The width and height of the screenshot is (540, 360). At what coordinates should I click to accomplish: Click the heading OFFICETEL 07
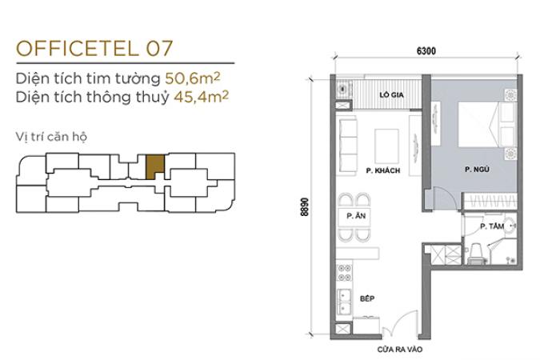pyautogui.click(x=94, y=48)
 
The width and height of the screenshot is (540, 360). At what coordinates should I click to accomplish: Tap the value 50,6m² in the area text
pyautogui.click(x=193, y=78)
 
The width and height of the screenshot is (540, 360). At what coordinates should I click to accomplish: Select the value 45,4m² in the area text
pyautogui.click(x=201, y=97)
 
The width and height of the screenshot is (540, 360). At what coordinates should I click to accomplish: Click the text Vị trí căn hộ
pyautogui.click(x=51, y=137)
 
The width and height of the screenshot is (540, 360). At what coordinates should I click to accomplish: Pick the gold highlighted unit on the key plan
pyautogui.click(x=154, y=166)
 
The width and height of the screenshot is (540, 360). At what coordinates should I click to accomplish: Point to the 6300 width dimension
pyautogui.click(x=426, y=51)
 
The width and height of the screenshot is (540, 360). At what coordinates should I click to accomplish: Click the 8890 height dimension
pyautogui.click(x=305, y=206)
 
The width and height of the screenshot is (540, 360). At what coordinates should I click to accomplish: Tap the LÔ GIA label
pyautogui.click(x=391, y=94)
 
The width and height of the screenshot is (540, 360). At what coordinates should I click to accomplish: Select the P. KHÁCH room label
pyautogui.click(x=383, y=170)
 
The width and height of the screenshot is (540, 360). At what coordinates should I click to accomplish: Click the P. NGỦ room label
pyautogui.click(x=477, y=169)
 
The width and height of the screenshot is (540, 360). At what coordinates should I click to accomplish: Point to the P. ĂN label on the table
pyautogui.click(x=356, y=216)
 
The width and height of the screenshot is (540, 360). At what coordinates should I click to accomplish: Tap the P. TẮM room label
pyautogui.click(x=492, y=226)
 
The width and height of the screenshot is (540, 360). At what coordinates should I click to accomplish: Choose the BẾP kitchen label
pyautogui.click(x=367, y=298)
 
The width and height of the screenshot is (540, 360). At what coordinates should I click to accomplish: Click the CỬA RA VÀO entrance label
pyautogui.click(x=400, y=350)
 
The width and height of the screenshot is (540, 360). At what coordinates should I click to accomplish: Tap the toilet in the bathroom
pyautogui.click(x=476, y=254)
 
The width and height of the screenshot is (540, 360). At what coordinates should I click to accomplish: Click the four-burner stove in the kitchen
pyautogui.click(x=344, y=273)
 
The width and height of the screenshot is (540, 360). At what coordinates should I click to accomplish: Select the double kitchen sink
pyautogui.click(x=344, y=302)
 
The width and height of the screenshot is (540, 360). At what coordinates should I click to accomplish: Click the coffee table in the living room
pyautogui.click(x=386, y=146)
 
